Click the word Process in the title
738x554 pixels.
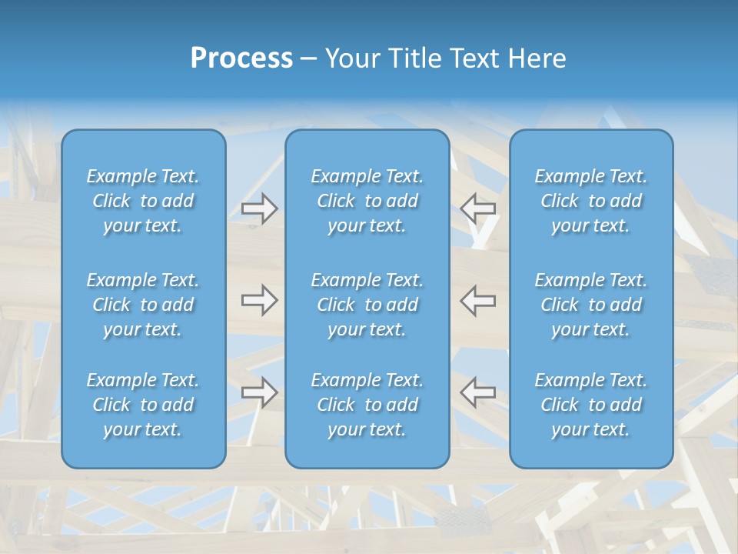(x=241, y=58)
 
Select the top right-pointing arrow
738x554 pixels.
(x=259, y=209)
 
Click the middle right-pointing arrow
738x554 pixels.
(x=259, y=300)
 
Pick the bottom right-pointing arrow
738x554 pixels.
(x=259, y=392)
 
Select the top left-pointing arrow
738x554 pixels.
(x=478, y=209)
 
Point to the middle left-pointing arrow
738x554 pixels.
(x=478, y=300)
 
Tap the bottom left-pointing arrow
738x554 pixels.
(x=478, y=392)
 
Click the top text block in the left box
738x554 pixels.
(x=143, y=201)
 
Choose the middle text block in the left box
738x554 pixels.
(x=143, y=305)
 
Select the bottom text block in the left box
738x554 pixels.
(x=143, y=405)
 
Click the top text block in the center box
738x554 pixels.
(x=367, y=201)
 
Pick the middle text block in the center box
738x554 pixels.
(x=367, y=305)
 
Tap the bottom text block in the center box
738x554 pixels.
(x=367, y=405)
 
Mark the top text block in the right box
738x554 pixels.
(x=590, y=201)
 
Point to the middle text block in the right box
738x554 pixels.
(x=590, y=305)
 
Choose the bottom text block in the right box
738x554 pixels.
(x=590, y=405)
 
